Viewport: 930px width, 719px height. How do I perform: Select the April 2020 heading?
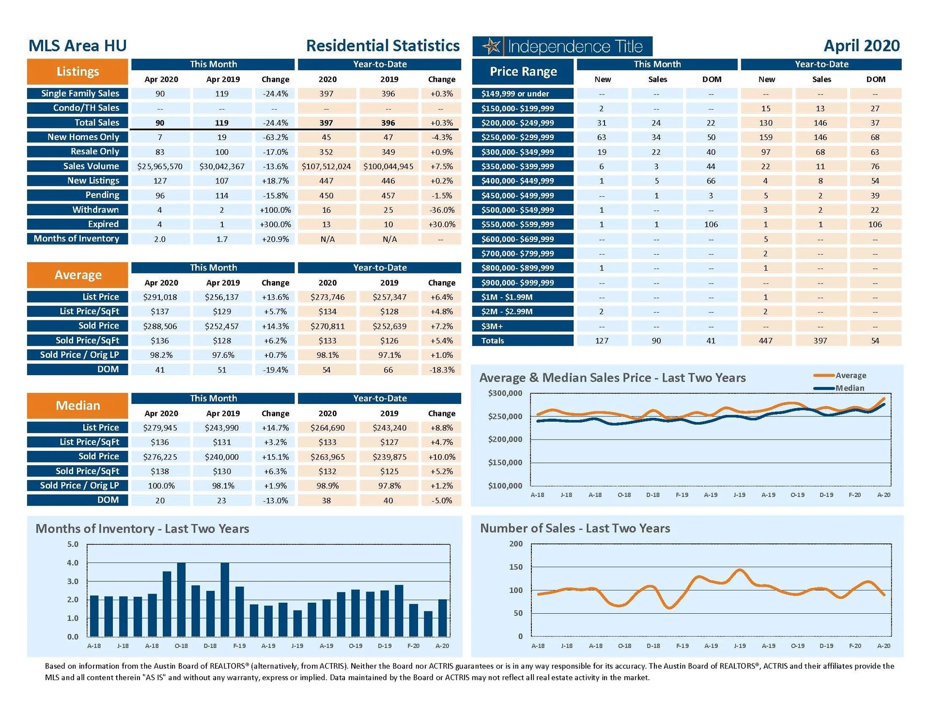tap(861, 46)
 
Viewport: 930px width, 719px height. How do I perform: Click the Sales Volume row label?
tap(91, 166)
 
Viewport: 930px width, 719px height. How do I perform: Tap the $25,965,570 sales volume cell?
tap(160, 167)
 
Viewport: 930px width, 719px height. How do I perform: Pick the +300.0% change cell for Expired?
tap(275, 224)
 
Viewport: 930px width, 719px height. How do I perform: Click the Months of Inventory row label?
tap(77, 239)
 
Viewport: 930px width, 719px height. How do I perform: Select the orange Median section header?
tap(77, 405)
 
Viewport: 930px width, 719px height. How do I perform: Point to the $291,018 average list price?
tap(160, 297)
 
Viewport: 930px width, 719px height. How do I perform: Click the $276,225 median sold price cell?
tap(160, 457)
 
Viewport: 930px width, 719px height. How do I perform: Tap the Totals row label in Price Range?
tap(493, 341)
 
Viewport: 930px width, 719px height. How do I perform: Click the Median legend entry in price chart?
tap(849, 388)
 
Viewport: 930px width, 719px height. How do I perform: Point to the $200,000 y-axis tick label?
tap(505, 439)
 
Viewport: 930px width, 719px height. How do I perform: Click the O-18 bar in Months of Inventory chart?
tap(181, 599)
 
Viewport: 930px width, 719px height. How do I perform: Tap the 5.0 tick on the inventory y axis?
tap(73, 544)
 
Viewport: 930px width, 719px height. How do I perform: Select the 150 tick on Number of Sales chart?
tap(516, 567)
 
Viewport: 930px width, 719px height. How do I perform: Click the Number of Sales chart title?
tap(575, 528)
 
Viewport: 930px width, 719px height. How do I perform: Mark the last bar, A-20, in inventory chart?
tap(442, 618)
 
